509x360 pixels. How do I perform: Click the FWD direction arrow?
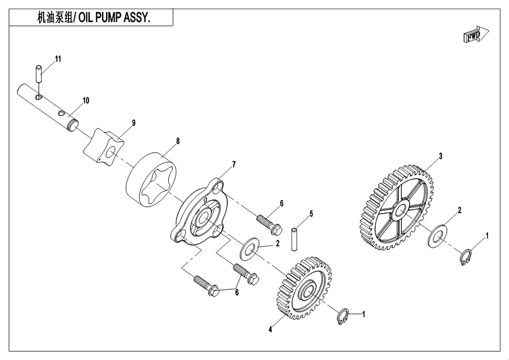(x=474, y=37)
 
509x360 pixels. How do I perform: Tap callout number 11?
(x=57, y=59)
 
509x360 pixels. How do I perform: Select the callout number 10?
(x=86, y=100)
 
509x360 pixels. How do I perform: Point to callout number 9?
(x=134, y=122)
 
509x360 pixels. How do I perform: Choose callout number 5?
(x=311, y=214)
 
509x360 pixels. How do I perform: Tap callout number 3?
(x=440, y=155)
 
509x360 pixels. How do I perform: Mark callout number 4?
(x=271, y=329)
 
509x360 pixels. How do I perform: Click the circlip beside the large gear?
(x=465, y=256)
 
